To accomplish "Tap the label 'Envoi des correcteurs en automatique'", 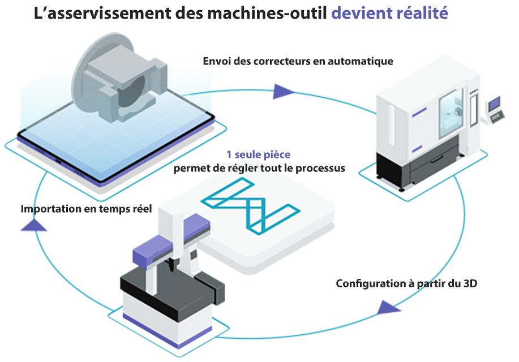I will click(x=298, y=61).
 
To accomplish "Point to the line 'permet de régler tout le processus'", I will click(x=259, y=168).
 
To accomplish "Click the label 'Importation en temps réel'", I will click(x=86, y=209).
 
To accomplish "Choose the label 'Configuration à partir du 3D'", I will click(x=406, y=283).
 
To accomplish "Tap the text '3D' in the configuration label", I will click(x=470, y=283).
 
